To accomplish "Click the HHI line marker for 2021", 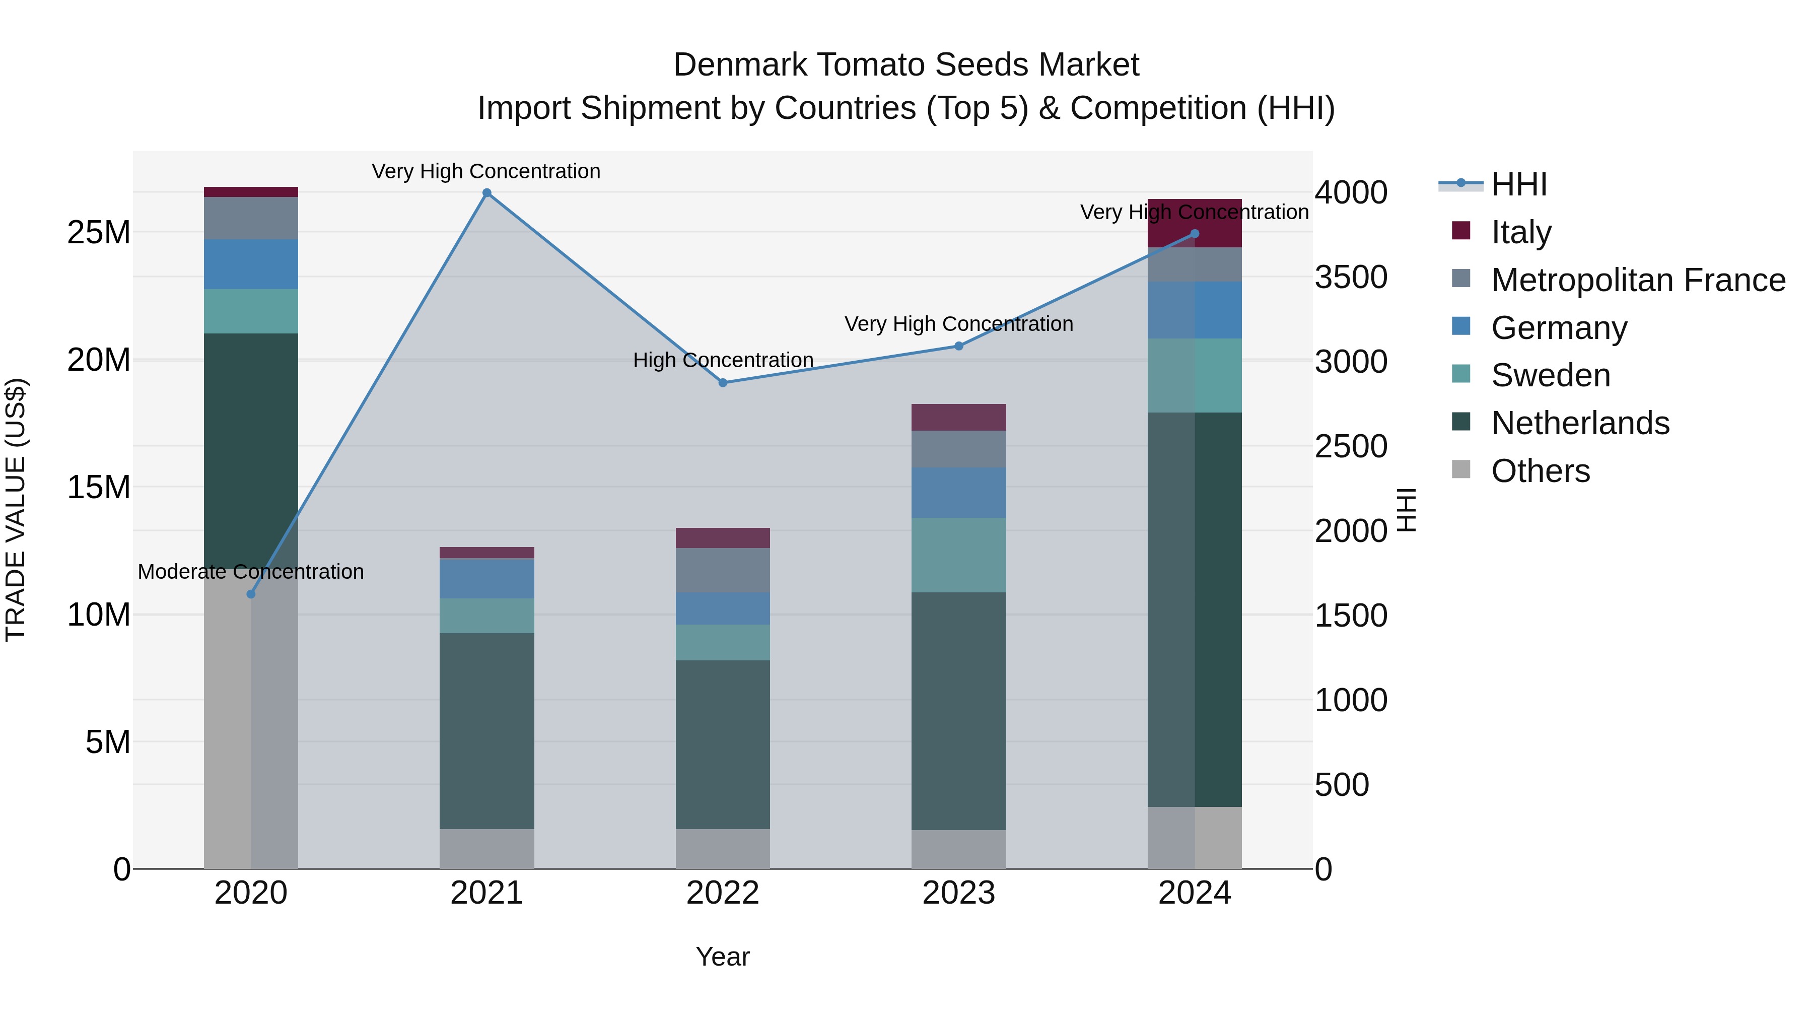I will click(x=486, y=193).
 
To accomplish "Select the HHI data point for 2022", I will click(x=723, y=383).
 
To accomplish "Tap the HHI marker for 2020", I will click(x=251, y=594).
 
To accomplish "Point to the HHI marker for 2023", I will click(x=958, y=347).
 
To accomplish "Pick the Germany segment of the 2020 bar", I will click(x=251, y=264).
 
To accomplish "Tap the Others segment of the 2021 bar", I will click(x=486, y=848).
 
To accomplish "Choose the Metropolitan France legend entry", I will click(x=1638, y=280).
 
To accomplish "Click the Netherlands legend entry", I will click(x=1580, y=423).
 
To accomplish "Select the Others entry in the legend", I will click(x=1540, y=471).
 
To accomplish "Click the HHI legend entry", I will click(x=1519, y=184).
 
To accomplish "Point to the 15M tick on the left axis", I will click(x=99, y=487).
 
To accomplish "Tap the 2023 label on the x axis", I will click(x=958, y=893).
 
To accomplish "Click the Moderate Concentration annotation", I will click(x=251, y=572).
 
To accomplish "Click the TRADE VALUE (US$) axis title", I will click(x=16, y=510).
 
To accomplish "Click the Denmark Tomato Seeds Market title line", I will click(x=906, y=65).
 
